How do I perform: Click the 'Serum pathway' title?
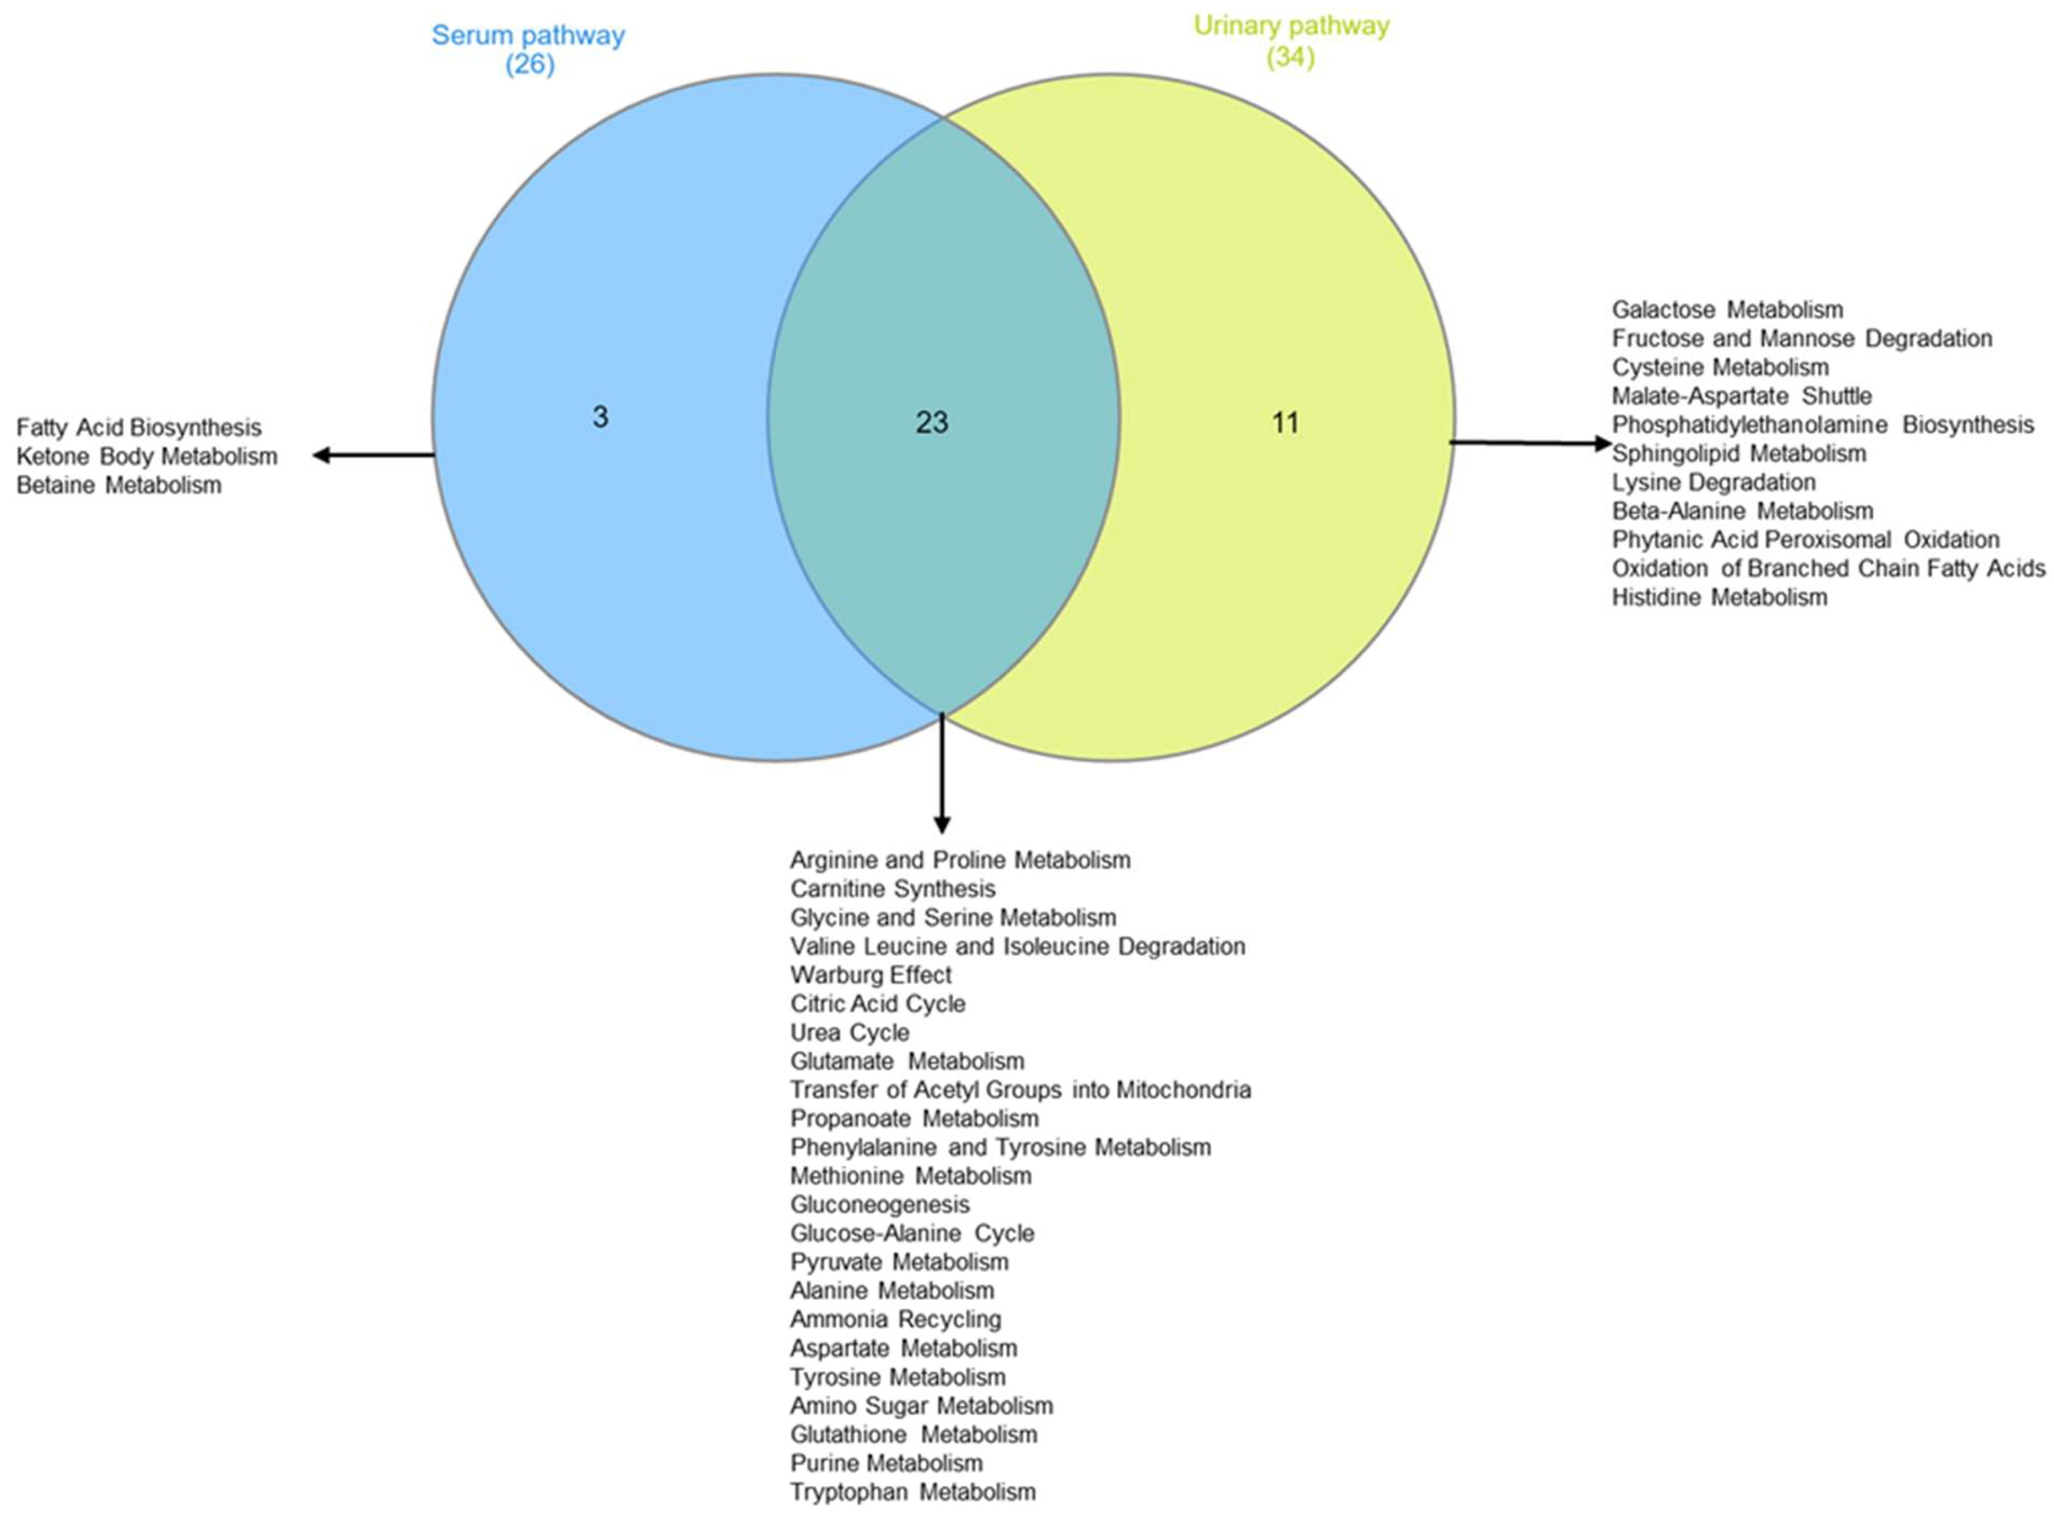[528, 36]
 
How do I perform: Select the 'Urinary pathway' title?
[1291, 26]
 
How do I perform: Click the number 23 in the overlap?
[932, 423]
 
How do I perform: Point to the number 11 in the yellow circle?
[1285, 423]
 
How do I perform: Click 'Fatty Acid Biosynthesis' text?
[138, 428]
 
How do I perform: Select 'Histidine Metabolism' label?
[1720, 598]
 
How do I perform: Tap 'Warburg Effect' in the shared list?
[871, 975]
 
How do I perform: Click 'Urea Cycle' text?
[850, 1033]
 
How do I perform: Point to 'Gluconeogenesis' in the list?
[880, 1205]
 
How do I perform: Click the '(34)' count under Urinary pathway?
[1291, 57]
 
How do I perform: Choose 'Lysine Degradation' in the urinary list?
[1714, 483]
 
